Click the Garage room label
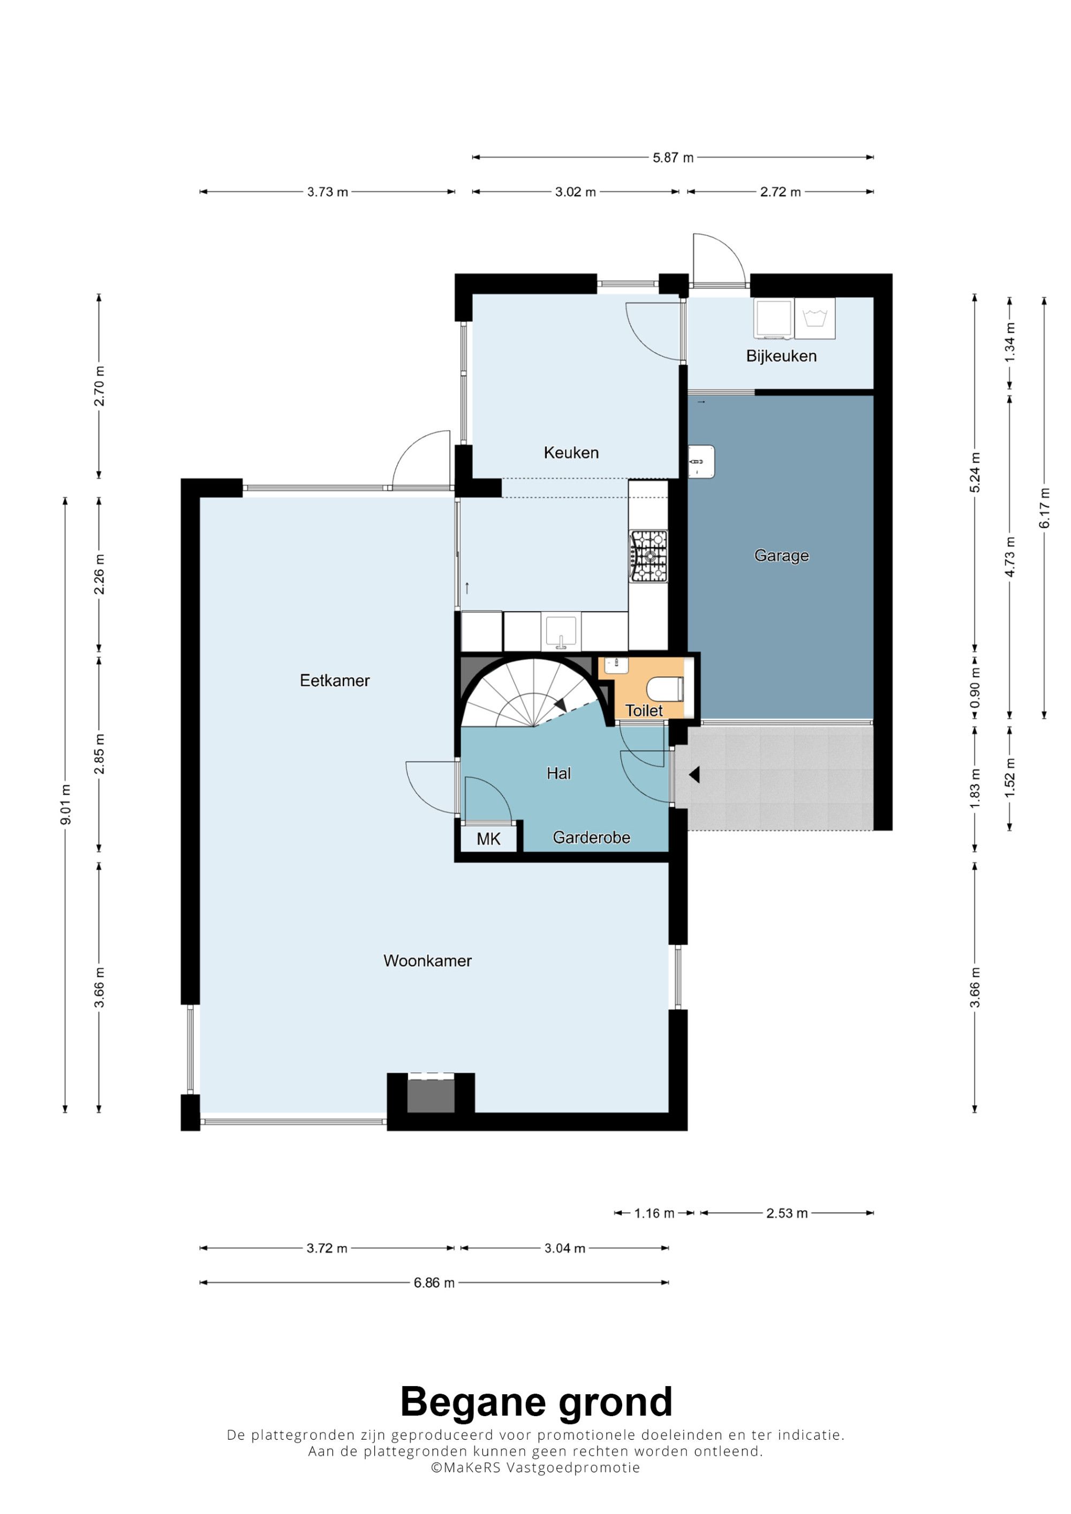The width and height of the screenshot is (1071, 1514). point(781,556)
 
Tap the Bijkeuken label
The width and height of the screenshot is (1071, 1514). point(781,356)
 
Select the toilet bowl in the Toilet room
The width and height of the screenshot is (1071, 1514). point(665,690)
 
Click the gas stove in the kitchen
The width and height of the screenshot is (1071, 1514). point(648,556)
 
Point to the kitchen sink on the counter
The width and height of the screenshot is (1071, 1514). point(561,632)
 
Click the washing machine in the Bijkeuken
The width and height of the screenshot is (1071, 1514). point(815,318)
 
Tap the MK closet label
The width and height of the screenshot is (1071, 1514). point(488,839)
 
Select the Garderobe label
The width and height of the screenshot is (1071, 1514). point(591,837)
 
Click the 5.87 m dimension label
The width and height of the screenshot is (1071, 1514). point(673,158)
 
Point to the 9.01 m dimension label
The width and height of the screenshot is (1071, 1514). point(65,804)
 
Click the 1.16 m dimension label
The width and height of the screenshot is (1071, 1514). point(654,1213)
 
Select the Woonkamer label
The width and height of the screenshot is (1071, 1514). point(428,961)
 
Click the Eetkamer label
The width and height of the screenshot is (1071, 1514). point(335,680)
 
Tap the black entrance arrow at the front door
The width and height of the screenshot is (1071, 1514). point(694,775)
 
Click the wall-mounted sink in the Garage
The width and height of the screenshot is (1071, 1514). point(701,460)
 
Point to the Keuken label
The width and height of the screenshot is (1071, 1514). point(571,453)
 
